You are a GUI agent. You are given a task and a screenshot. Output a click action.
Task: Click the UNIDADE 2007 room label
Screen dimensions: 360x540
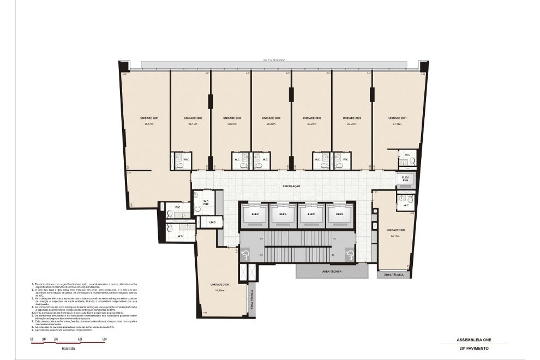click(149, 118)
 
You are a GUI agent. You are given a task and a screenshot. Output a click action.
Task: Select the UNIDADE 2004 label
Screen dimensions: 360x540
click(271, 118)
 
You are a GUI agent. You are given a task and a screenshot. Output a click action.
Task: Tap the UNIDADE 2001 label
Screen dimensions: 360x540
click(398, 118)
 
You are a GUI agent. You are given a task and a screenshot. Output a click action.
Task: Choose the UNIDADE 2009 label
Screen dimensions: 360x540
click(396, 230)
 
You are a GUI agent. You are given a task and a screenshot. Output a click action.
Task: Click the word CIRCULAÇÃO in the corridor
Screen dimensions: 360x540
click(292, 186)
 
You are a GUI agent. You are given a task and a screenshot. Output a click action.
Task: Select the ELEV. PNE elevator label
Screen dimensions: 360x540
click(405, 178)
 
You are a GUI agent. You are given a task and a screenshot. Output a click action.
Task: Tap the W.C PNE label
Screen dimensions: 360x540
click(206, 202)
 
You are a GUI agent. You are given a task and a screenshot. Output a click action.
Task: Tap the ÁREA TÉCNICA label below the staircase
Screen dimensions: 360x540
click(332, 271)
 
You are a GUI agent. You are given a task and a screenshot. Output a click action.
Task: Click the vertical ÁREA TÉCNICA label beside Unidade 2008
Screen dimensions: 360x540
click(251, 299)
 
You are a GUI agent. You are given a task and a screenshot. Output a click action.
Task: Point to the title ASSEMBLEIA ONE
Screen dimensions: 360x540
click(473, 339)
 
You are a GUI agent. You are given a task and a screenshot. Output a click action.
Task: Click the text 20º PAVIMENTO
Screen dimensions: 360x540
click(473, 347)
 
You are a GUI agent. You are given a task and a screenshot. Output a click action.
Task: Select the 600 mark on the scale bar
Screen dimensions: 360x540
click(104, 339)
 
